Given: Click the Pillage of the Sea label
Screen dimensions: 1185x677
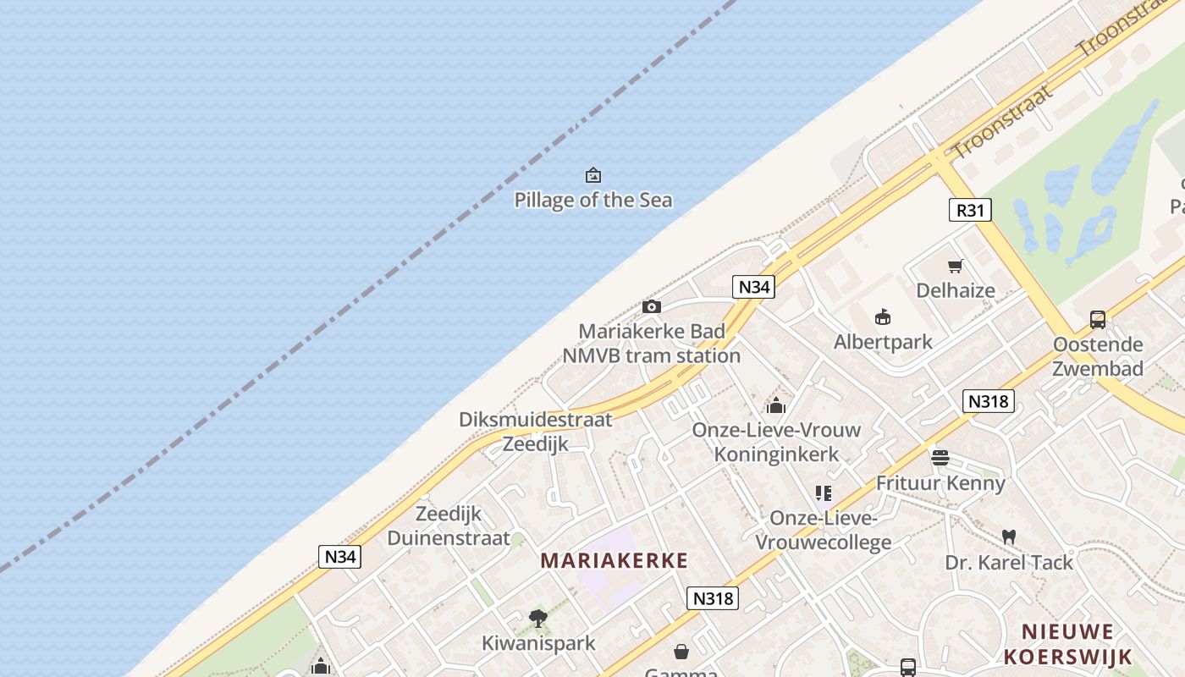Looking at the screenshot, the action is (593, 201).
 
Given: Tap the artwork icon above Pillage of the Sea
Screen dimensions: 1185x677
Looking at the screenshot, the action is (593, 175).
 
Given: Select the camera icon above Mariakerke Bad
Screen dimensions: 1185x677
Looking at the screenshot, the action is (651, 306).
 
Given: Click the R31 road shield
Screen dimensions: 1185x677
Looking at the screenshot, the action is (969, 210).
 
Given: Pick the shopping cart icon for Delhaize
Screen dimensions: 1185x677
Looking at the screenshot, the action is (956, 267).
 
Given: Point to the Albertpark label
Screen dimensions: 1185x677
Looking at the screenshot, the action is (883, 342).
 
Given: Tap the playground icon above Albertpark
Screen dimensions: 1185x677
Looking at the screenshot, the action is (883, 317).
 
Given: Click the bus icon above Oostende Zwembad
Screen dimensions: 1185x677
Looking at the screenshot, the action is (1098, 320).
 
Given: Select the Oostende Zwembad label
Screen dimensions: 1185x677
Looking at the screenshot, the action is (1098, 356).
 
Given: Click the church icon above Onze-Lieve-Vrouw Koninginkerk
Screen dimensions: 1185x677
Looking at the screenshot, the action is (776, 405).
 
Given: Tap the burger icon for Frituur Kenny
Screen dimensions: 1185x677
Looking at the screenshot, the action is (940, 459).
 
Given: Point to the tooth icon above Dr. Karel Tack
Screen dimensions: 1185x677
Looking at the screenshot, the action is (1008, 537).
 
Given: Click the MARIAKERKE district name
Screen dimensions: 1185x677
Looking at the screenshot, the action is (614, 560).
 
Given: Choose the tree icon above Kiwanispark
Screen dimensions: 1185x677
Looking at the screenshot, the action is (537, 619).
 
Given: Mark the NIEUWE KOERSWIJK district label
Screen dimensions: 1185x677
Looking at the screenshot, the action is (1066, 644).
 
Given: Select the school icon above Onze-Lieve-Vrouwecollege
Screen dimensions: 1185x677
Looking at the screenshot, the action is (823, 493).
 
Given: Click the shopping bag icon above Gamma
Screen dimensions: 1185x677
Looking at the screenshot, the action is (681, 652).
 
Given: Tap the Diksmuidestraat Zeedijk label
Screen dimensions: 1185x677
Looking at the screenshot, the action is (535, 432).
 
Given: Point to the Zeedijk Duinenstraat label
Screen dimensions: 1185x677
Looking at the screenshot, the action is (449, 526).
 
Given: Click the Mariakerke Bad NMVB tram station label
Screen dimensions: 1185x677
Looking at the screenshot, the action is (651, 344).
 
